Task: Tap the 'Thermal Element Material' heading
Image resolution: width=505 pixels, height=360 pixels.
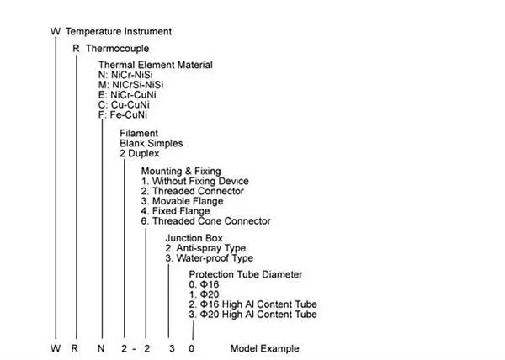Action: click(155, 65)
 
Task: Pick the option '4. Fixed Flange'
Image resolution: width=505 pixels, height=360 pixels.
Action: click(181, 210)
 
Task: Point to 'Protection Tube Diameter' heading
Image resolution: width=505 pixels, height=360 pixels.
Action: click(245, 275)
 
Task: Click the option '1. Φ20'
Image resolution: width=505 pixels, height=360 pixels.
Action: click(204, 295)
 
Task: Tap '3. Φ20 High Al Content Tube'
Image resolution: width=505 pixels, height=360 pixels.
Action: click(252, 315)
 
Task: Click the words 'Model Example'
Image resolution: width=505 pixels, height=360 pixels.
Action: click(264, 348)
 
